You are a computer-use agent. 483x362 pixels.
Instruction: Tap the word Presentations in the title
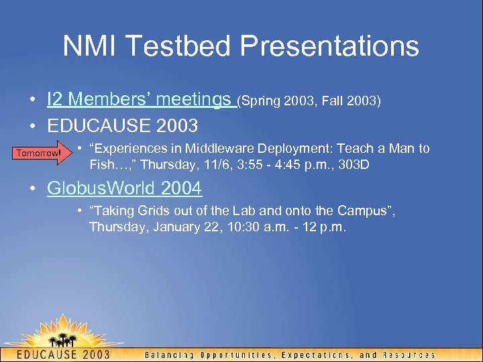click(329, 46)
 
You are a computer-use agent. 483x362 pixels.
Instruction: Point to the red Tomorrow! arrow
click(40, 154)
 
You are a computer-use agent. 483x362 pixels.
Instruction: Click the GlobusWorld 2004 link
click(124, 188)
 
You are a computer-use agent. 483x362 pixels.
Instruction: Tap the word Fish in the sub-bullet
click(101, 164)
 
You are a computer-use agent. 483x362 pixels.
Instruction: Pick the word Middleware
click(217, 149)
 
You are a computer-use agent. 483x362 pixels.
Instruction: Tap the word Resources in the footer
click(409, 355)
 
